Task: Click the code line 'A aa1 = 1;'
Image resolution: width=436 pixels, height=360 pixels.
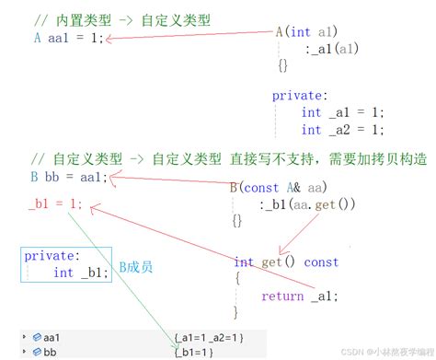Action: [x=67, y=38]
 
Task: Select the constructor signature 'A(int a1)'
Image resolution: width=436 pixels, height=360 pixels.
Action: [x=306, y=31]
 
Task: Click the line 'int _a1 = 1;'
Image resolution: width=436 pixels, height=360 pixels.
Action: [x=341, y=112]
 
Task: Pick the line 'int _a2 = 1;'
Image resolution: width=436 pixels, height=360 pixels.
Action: [x=341, y=130]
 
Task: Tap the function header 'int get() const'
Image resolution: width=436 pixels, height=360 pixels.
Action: [x=286, y=262]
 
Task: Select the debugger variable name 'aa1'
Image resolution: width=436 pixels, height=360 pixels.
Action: [x=52, y=338]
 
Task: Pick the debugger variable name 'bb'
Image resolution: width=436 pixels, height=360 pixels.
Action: [x=50, y=352]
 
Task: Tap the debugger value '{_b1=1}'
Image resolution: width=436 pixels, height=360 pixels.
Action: [x=194, y=352]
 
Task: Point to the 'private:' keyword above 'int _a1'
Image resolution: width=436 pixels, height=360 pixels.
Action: [x=301, y=95]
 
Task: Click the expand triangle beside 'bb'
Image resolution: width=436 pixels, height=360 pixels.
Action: [x=24, y=352]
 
